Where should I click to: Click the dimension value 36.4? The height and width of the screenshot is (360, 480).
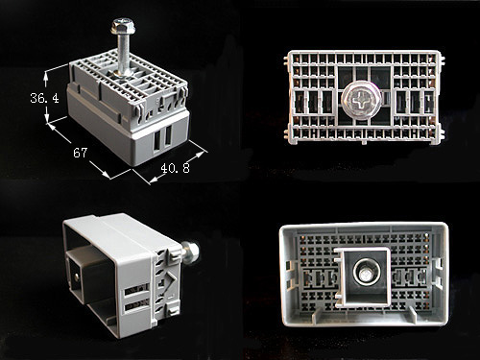(44, 98)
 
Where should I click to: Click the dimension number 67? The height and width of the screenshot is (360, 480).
(80, 153)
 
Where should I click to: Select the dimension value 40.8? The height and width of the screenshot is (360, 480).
(175, 168)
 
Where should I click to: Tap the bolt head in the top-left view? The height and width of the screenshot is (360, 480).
(122, 26)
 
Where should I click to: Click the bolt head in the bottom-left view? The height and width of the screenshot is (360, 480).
(190, 252)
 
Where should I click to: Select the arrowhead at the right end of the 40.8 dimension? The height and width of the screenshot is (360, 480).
(201, 154)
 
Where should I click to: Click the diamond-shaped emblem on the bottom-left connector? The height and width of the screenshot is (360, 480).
(167, 282)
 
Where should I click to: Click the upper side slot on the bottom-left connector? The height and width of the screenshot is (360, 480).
(136, 289)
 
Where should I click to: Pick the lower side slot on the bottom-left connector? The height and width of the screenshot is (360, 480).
(137, 305)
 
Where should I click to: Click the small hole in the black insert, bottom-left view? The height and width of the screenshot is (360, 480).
(76, 276)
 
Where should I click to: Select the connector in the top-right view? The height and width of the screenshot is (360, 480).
(364, 98)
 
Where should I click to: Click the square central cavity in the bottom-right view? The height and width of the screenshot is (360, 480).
(365, 276)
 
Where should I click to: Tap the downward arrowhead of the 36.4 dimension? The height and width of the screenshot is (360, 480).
(47, 119)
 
